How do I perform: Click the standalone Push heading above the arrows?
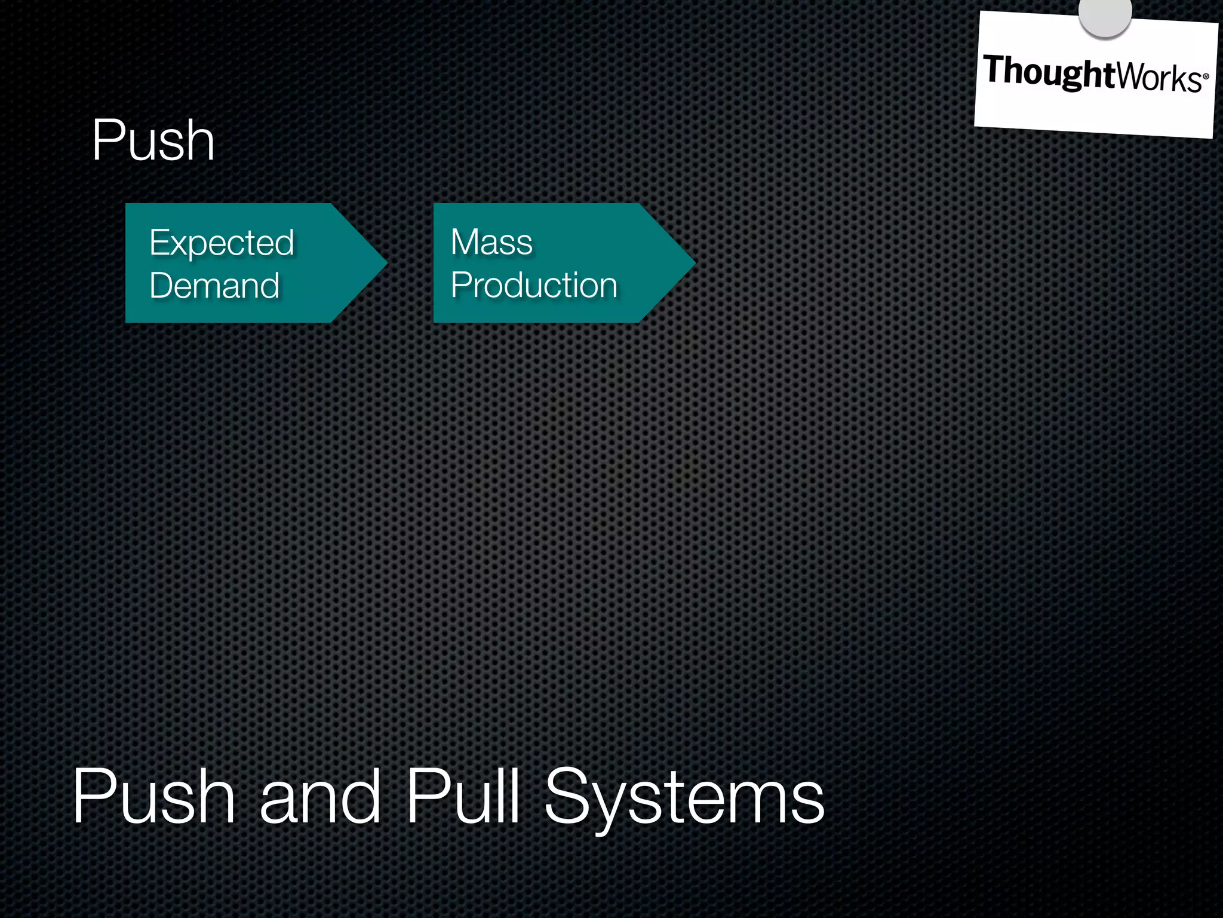tap(153, 140)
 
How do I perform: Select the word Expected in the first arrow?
tap(222, 243)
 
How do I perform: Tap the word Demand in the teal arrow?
tap(214, 285)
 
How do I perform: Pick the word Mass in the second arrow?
tap(491, 242)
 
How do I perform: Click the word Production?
tap(534, 285)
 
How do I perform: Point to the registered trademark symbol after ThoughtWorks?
tap(1206, 76)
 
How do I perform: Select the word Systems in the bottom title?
tap(684, 798)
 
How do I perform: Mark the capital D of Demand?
tap(162, 285)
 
